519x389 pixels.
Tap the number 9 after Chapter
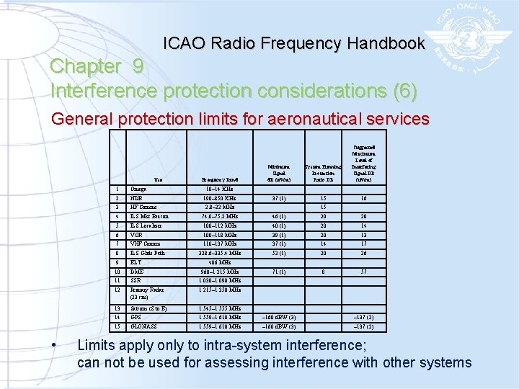tap(138, 66)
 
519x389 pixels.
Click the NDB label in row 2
tap(136, 197)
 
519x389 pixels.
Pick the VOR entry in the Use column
tap(136, 234)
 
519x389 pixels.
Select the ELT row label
tap(136, 262)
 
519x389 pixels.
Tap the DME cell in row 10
tap(137, 272)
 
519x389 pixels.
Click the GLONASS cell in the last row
tap(143, 327)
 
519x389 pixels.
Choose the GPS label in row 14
tap(136, 318)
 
